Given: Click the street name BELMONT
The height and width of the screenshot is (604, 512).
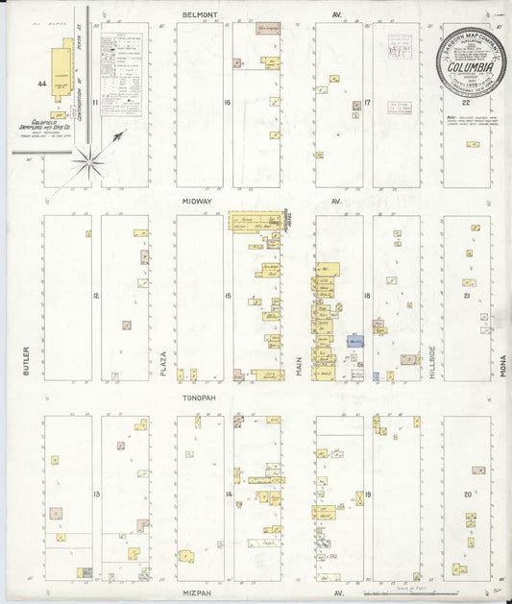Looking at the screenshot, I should pos(202,15).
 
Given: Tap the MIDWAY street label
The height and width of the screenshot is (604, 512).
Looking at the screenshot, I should pos(202,203).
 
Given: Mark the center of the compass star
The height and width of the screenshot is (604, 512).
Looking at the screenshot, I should pos(88,159).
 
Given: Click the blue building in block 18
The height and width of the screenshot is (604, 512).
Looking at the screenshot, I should pos(354,341).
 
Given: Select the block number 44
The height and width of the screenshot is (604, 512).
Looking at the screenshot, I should pos(41,85).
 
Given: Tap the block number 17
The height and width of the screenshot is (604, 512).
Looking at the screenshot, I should pos(367,102).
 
